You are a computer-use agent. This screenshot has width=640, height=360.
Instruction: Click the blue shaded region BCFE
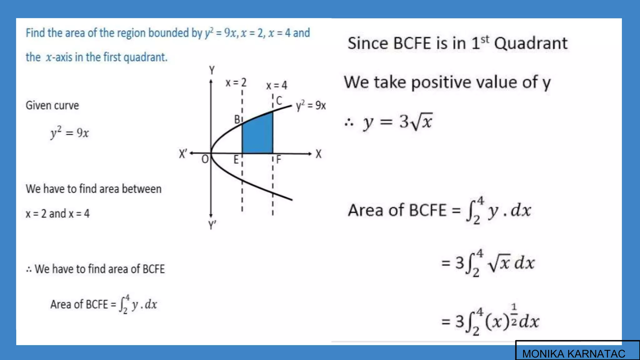click(x=257, y=136)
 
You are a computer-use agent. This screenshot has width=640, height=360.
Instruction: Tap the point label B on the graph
click(x=237, y=119)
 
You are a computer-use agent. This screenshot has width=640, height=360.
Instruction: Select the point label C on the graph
click(x=279, y=100)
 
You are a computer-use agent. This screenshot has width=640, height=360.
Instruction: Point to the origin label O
click(x=205, y=159)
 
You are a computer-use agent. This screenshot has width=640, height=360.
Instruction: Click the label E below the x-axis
click(x=236, y=160)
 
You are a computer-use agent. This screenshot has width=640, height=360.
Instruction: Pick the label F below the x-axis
click(x=278, y=160)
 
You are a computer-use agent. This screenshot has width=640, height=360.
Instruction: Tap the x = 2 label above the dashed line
click(x=236, y=83)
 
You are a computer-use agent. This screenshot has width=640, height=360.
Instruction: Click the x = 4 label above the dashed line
click(x=277, y=85)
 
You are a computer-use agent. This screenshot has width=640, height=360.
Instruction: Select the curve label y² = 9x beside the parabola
click(x=311, y=106)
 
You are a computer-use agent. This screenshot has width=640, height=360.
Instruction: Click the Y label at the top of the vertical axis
click(x=212, y=70)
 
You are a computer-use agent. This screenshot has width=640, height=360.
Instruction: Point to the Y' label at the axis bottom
click(x=212, y=225)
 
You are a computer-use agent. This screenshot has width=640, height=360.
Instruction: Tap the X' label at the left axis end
click(x=183, y=154)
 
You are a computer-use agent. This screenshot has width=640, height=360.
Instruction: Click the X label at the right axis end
click(x=318, y=154)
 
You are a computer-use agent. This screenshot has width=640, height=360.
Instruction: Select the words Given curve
click(x=52, y=106)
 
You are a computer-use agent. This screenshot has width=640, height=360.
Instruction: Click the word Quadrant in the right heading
click(x=531, y=43)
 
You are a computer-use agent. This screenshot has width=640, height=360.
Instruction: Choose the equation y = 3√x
click(x=397, y=122)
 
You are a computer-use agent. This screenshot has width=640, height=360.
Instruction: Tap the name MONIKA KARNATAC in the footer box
click(x=573, y=353)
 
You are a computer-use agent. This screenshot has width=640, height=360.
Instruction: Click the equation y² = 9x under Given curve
click(x=70, y=133)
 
